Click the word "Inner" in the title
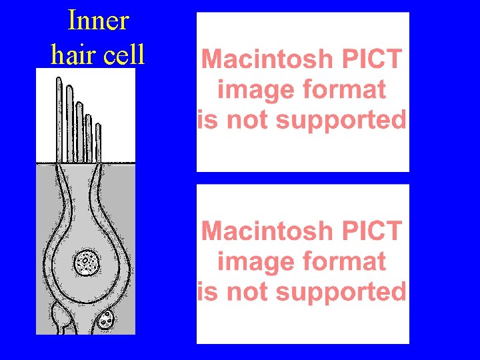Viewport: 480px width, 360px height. [x=97, y=21]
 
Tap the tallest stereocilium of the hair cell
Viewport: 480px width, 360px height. [x=59, y=120]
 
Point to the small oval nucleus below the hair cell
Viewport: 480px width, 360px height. [x=105, y=321]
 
